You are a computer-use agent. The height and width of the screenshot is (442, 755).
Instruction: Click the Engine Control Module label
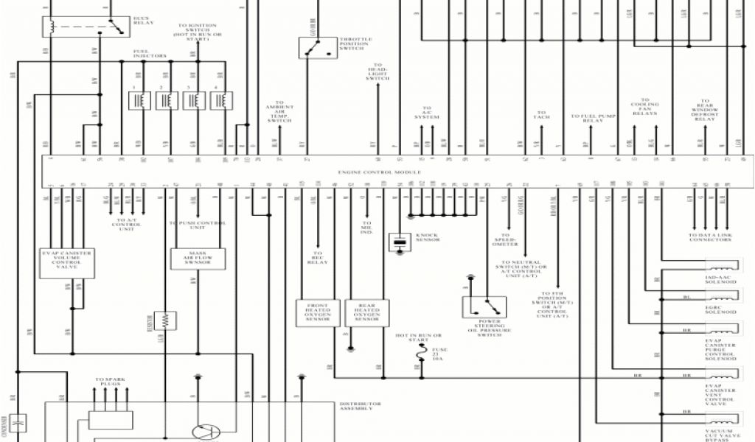(380, 172)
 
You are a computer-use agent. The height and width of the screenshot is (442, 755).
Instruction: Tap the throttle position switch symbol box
(313, 47)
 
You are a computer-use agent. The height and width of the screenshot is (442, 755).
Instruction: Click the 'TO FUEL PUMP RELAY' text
(593, 117)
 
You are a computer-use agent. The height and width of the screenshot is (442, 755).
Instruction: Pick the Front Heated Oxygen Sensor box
(318, 312)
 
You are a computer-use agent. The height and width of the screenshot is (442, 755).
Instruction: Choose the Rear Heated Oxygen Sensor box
(366, 312)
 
